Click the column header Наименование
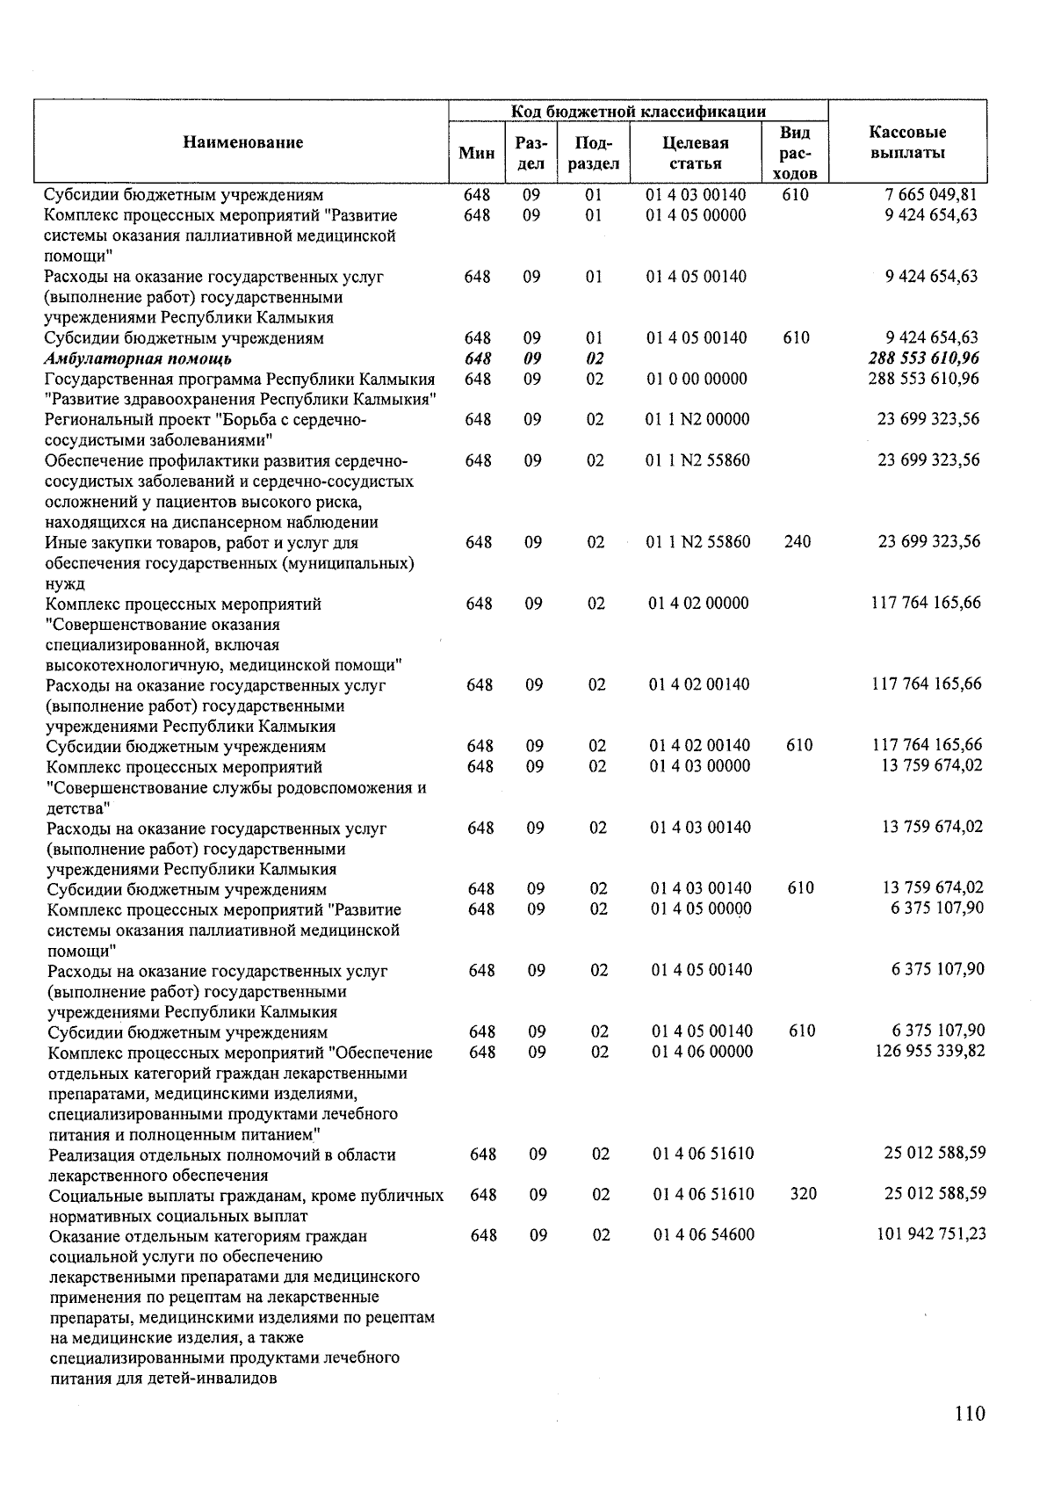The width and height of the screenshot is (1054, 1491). tap(243, 142)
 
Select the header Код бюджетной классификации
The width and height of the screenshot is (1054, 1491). tap(639, 112)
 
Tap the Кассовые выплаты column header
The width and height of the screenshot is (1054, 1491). tap(907, 142)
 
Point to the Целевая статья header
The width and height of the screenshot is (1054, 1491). tap(696, 153)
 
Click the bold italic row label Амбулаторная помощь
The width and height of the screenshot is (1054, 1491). tap(139, 358)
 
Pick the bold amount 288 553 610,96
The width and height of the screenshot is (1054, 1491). tap(923, 358)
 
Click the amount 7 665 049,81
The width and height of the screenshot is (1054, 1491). tap(931, 194)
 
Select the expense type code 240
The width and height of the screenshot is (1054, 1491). tap(798, 542)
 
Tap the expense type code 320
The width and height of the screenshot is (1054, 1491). tap(803, 1194)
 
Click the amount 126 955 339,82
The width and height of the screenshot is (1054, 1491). tap(930, 1052)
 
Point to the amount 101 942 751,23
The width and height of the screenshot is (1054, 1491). tap(931, 1234)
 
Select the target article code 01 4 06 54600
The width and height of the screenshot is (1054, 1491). tap(704, 1235)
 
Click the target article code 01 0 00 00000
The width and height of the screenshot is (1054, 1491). tap(697, 379)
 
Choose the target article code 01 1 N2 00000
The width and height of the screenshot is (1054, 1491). tap(698, 419)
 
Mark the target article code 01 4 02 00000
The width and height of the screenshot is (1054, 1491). tap(699, 604)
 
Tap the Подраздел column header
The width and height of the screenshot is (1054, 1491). tap(596, 153)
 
